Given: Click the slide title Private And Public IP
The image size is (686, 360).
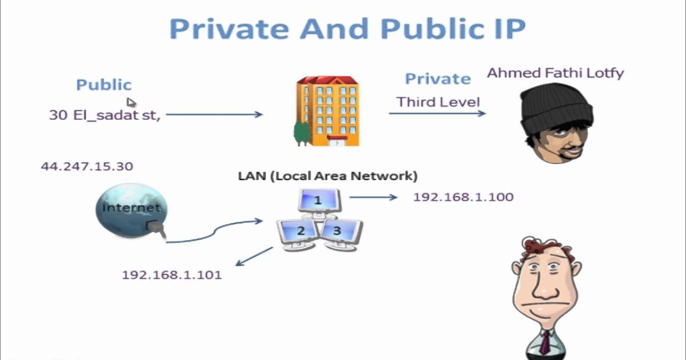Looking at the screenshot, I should click(x=347, y=29).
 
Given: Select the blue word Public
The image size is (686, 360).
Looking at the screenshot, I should click(x=104, y=85).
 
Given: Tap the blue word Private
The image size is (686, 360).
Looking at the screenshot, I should click(x=438, y=79).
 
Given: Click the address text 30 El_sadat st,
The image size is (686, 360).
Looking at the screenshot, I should click(x=105, y=115).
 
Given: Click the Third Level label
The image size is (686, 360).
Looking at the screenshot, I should click(x=438, y=102).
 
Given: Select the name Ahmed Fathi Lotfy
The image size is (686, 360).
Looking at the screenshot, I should click(x=555, y=73).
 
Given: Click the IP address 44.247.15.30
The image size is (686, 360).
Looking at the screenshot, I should click(x=87, y=166).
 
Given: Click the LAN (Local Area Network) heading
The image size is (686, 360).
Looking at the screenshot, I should click(x=328, y=176).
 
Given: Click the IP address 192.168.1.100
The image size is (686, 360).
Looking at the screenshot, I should click(x=463, y=197).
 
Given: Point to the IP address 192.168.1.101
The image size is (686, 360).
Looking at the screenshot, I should click(x=171, y=275).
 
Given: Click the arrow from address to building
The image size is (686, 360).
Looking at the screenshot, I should click(x=214, y=115).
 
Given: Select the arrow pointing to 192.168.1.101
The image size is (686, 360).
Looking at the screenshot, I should click(x=254, y=256).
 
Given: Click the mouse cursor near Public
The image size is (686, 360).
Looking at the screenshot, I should click(x=131, y=102).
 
